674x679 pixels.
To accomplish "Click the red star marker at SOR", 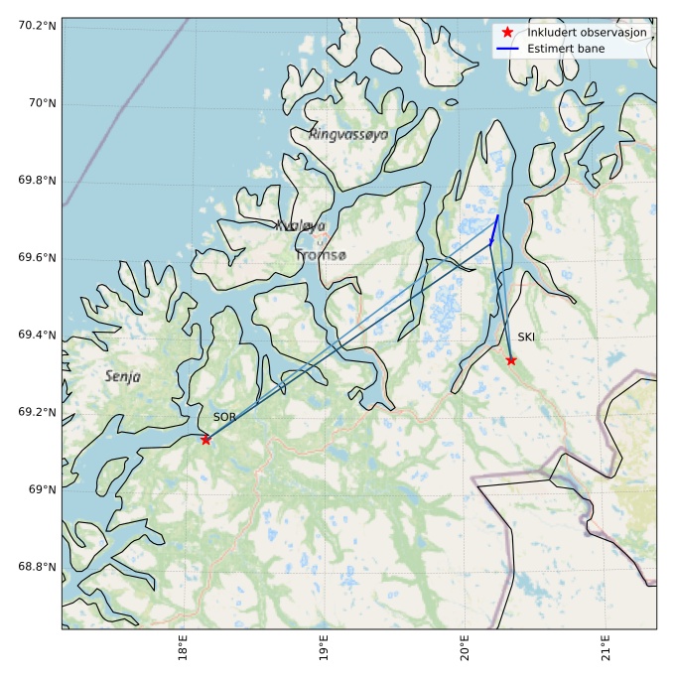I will tap(205, 439).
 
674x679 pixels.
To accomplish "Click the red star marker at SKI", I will tap(511, 360).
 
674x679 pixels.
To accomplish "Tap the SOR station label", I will tap(224, 418).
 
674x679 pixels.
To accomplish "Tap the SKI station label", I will tap(526, 338).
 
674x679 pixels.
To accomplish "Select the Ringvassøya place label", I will tap(348, 134).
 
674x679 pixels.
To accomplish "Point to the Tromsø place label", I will tap(321, 256).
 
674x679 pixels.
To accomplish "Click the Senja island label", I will tap(123, 377).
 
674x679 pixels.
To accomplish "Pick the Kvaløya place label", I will tap(300, 226).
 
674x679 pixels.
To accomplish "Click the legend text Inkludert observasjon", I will tap(587, 33).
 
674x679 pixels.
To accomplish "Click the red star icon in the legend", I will tap(507, 33).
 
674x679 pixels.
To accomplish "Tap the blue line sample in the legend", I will tap(507, 48).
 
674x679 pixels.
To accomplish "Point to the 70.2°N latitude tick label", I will tap(36, 25).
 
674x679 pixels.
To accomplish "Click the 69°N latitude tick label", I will tap(41, 489).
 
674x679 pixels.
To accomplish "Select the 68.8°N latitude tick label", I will tap(36, 567).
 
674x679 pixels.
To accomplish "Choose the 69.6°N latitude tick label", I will tap(36, 258).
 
